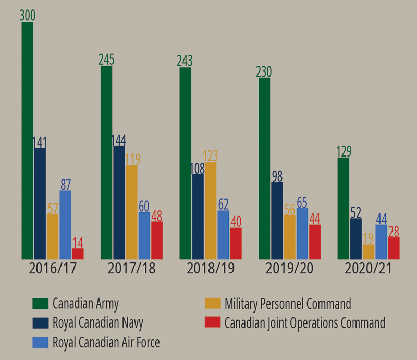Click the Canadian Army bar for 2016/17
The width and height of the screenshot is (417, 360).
point(27,141)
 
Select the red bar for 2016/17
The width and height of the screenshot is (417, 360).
point(78,254)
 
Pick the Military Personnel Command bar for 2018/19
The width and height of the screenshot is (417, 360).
point(211,211)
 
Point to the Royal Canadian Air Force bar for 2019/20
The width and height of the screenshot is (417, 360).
point(302,233)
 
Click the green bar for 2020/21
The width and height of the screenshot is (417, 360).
point(343,208)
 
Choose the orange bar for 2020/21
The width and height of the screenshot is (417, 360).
point(369,251)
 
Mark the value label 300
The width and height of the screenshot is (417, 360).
point(27,15)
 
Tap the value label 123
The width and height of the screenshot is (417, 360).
point(211,155)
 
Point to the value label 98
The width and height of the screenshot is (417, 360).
point(277,175)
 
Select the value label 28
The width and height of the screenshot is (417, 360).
point(394,231)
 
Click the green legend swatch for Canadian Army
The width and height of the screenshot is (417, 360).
point(40,303)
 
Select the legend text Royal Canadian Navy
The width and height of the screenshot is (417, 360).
point(98,322)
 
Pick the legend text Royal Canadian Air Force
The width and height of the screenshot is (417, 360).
point(106,342)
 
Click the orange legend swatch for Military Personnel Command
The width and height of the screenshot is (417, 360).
point(213,303)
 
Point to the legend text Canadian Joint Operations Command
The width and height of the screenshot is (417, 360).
point(305,322)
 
